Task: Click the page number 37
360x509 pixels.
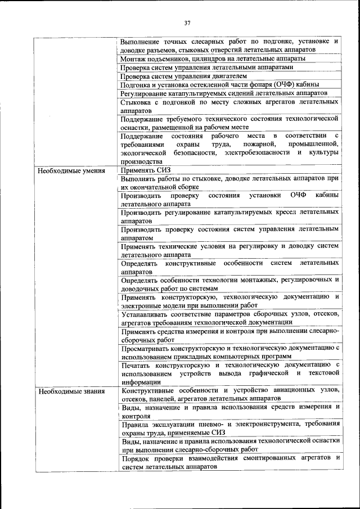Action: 187,23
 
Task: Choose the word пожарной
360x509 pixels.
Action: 241,145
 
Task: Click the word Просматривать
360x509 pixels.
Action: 147,348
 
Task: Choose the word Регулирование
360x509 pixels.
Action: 147,93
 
